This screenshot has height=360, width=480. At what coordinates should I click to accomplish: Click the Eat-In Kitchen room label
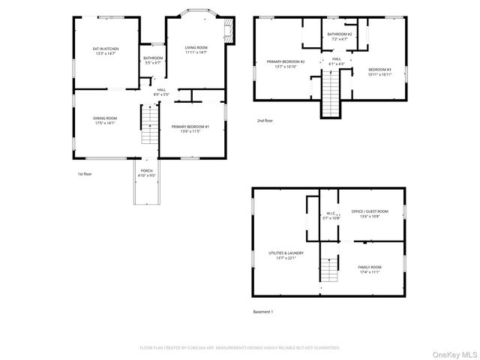[x=106, y=52]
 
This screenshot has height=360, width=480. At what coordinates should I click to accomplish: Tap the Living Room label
[x=196, y=50]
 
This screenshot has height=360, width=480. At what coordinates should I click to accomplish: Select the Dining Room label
[x=106, y=120]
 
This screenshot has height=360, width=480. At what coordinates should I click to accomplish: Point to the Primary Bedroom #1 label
[x=190, y=129]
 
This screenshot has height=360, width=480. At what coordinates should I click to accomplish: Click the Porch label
[x=146, y=173]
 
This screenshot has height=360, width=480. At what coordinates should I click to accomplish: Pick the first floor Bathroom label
[x=153, y=60]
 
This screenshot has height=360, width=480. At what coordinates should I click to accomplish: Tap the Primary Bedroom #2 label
[x=286, y=64]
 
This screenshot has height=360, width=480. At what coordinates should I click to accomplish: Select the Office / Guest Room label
[x=370, y=214]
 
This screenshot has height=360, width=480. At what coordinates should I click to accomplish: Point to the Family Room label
[x=370, y=269]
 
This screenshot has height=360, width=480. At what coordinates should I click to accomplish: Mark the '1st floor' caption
[x=85, y=174]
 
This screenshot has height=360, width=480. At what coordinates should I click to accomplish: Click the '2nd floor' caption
[x=265, y=120]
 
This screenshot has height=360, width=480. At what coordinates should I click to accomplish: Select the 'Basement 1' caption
[x=263, y=311]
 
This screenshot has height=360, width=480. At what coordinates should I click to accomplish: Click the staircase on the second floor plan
[x=331, y=97]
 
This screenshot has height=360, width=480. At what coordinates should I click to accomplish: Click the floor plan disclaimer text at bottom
[x=240, y=348]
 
